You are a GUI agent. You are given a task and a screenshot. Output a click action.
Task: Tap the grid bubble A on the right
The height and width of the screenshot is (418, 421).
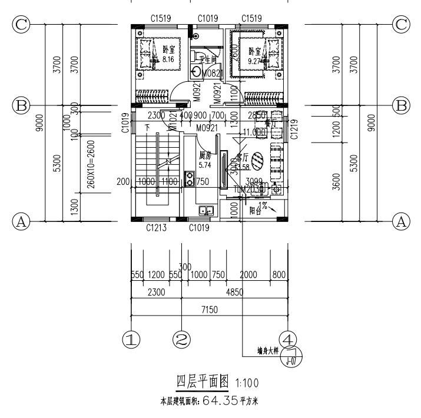402,222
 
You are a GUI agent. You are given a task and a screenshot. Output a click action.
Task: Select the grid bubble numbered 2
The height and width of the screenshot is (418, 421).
183,339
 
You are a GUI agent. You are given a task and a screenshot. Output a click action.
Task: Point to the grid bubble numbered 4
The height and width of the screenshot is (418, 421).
289,339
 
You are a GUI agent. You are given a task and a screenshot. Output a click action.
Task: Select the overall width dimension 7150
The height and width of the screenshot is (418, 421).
209,310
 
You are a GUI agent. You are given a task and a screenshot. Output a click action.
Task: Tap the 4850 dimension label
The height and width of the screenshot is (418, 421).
236,292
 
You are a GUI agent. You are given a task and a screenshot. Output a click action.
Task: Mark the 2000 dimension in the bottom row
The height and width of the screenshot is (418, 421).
248,274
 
